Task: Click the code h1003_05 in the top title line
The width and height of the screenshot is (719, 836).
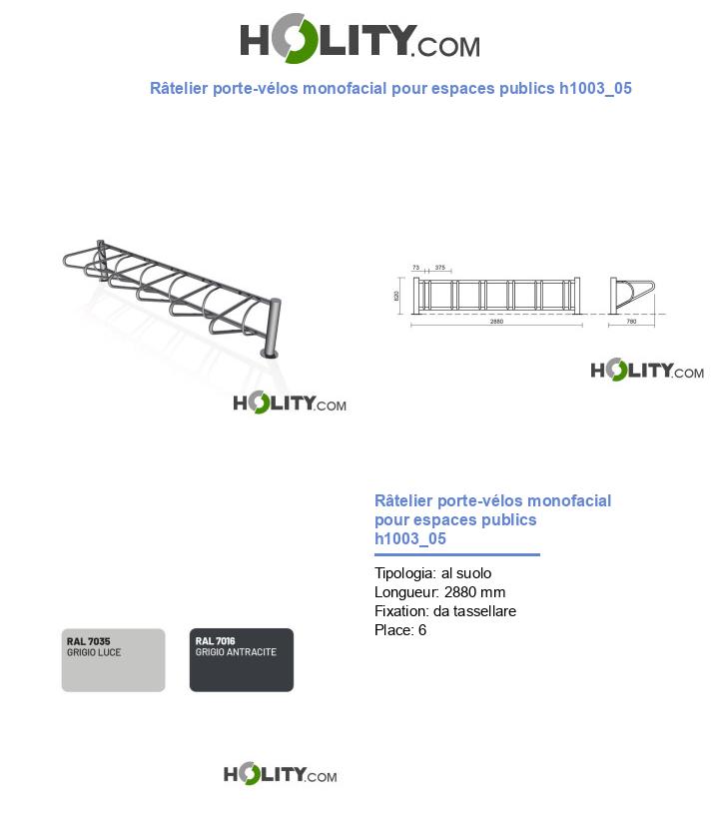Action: tap(595, 88)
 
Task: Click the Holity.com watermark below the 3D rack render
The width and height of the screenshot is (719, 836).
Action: tap(290, 403)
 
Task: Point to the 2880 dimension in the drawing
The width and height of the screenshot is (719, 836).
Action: tap(497, 322)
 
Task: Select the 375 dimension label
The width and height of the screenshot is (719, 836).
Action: tap(439, 268)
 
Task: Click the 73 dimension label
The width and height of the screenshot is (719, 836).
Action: tap(415, 268)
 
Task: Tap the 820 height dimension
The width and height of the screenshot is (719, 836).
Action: tap(396, 296)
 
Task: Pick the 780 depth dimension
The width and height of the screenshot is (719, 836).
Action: tap(631, 322)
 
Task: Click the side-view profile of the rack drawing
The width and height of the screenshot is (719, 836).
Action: tap(632, 296)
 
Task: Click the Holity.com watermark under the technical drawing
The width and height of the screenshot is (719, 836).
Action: tap(647, 371)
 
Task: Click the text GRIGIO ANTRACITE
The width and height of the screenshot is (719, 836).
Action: tap(236, 652)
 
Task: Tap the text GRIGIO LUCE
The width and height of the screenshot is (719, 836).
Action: tap(94, 652)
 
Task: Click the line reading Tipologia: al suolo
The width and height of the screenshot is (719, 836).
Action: tap(432, 573)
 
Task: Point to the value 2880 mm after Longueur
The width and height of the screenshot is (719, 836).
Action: tap(474, 592)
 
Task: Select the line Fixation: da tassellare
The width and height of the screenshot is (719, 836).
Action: tap(445, 611)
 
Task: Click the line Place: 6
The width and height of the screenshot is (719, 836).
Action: tap(400, 630)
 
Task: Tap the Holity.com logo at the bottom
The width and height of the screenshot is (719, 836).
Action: tap(280, 774)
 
